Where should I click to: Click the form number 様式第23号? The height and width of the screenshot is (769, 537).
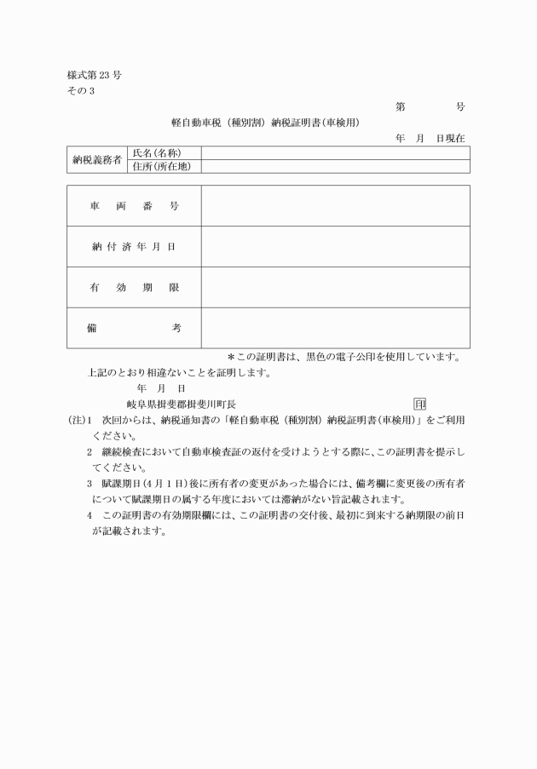(94, 75)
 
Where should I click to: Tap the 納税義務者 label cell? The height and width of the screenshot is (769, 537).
(96, 159)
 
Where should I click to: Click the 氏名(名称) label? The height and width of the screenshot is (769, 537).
(156, 152)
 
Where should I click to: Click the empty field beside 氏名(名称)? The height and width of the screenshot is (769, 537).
(335, 152)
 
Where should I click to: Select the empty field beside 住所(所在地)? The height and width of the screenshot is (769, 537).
(335, 166)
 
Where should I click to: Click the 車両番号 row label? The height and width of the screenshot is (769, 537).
(134, 206)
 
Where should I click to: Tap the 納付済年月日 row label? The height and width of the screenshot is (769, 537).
(134, 247)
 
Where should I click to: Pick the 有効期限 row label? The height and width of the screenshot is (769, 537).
(134, 287)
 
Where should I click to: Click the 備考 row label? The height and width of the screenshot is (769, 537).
(134, 328)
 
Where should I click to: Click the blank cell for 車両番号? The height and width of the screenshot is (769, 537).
(335, 206)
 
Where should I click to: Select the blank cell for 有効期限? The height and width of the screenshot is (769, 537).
(335, 287)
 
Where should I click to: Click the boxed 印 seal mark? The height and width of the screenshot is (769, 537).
(419, 404)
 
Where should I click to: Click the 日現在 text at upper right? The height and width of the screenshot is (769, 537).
(450, 138)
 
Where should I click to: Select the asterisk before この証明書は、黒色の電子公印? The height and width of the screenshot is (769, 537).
(230, 358)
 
